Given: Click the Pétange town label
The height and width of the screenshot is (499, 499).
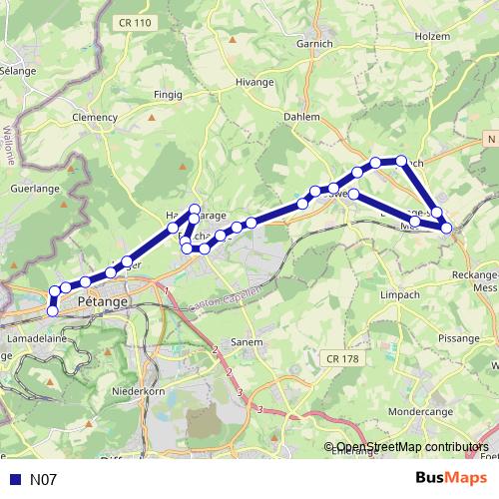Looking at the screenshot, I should click(x=102, y=299).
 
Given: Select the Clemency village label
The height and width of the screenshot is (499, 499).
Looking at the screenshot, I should click(x=96, y=116).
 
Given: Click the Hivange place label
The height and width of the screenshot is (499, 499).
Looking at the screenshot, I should click(x=253, y=83).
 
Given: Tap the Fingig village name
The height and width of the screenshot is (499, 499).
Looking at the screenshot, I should click(x=166, y=95).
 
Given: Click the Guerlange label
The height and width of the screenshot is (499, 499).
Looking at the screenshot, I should click(x=30, y=186).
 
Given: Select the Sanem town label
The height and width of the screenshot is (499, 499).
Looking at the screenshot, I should click(x=248, y=341).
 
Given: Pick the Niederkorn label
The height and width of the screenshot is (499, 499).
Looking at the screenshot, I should click(x=139, y=391).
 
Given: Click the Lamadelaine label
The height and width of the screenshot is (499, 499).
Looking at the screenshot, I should click(x=30, y=339).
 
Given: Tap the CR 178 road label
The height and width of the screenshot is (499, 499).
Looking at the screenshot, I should click(x=341, y=358).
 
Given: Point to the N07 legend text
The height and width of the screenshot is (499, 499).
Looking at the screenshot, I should click(x=43, y=480).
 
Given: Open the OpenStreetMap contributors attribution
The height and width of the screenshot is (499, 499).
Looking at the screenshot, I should click(x=412, y=447).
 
